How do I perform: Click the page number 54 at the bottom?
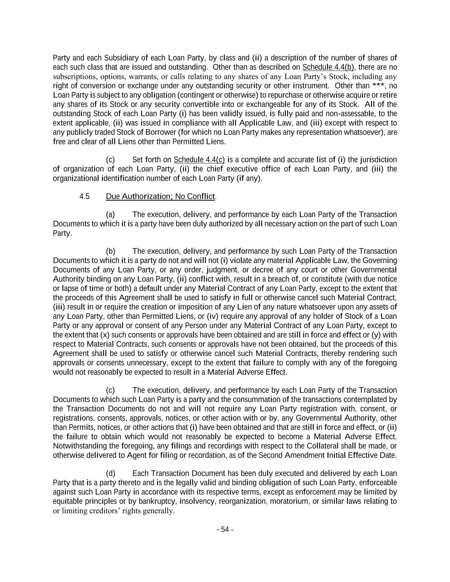225,530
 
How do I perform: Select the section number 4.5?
84,197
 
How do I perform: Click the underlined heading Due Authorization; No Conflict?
160,197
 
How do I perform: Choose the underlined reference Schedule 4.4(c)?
199,160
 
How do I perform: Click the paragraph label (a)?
110,214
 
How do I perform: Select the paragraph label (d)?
110,474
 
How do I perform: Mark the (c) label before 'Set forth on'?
110,160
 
